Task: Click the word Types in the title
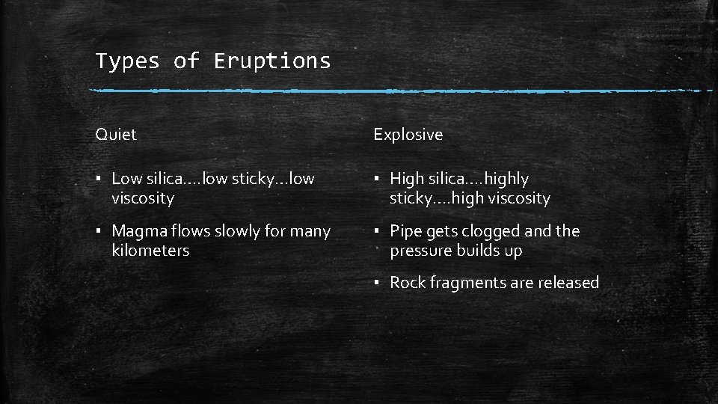click(x=127, y=61)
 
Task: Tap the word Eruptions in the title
click(x=272, y=61)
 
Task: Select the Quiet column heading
click(x=116, y=135)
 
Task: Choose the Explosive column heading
click(x=408, y=135)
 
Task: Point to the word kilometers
click(x=150, y=251)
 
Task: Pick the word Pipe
click(x=406, y=231)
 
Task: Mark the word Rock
click(x=408, y=283)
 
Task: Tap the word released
click(x=568, y=283)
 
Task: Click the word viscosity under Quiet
click(x=142, y=198)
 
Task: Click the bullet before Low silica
click(x=99, y=180)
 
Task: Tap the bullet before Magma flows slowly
click(x=99, y=232)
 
